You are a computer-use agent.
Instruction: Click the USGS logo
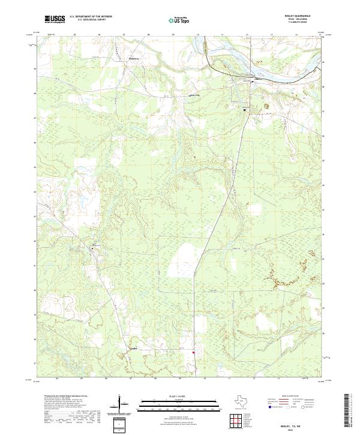(55, 19)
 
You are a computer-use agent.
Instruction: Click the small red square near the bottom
(193, 352)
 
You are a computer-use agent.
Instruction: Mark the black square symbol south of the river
(244, 110)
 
